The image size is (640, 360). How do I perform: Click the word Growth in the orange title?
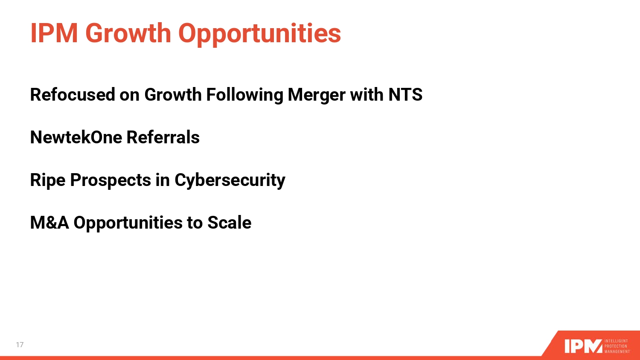pos(128,33)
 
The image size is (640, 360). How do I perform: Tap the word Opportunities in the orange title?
pos(260,34)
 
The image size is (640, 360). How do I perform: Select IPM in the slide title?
pos(54,33)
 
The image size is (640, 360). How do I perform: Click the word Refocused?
pos(73,95)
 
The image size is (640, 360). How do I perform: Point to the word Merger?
pos(317,96)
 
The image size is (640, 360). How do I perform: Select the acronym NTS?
pos(405,95)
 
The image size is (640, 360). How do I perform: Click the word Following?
pos(244,96)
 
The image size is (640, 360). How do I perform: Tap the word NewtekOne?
pos(76,137)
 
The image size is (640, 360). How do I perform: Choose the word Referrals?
pos(163,137)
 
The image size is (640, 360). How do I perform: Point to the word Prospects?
pos(111,181)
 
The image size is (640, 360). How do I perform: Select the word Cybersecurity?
pos(230,181)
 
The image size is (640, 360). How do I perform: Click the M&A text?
pos(49,223)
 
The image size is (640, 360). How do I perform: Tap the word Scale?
pos(230,223)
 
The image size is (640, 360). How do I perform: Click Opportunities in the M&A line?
pos(128,224)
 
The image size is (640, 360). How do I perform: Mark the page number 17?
pos(20,345)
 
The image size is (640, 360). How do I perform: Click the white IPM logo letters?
pos(583,346)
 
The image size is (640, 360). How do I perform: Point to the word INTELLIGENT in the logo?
pos(616,341)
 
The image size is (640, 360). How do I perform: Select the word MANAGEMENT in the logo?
pos(617,351)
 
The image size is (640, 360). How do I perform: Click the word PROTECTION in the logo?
pos(616,346)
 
